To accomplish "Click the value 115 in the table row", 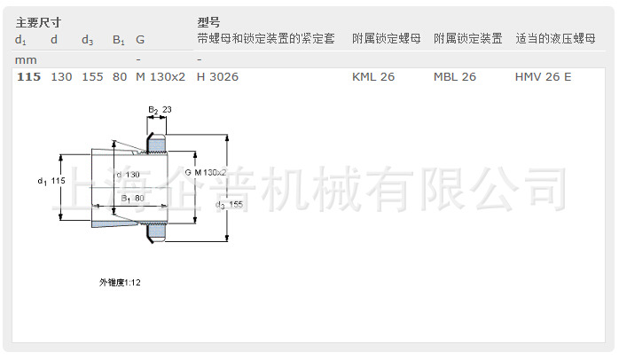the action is click(x=28, y=77).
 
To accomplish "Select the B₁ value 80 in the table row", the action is click(x=120, y=77).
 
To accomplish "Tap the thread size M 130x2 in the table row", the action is click(x=161, y=77).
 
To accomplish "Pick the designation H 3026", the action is click(x=217, y=77).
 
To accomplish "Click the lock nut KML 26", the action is click(x=373, y=77).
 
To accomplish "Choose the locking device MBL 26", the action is click(x=455, y=77).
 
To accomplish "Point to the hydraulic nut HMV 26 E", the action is click(x=543, y=77).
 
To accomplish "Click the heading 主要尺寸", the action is click(x=38, y=21).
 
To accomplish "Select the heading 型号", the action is click(x=208, y=21).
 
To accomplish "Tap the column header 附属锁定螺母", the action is click(x=387, y=40).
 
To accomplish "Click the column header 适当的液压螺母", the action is click(x=555, y=40).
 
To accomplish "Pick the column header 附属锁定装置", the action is click(x=468, y=40).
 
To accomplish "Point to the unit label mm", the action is click(x=26, y=59).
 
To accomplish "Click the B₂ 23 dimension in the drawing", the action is click(x=160, y=109).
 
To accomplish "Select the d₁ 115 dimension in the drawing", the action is click(x=52, y=181).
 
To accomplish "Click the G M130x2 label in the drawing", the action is click(x=207, y=172).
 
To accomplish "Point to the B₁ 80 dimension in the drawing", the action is click(x=132, y=197).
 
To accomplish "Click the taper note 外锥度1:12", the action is click(x=120, y=282).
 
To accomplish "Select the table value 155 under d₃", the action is click(x=92, y=77).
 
